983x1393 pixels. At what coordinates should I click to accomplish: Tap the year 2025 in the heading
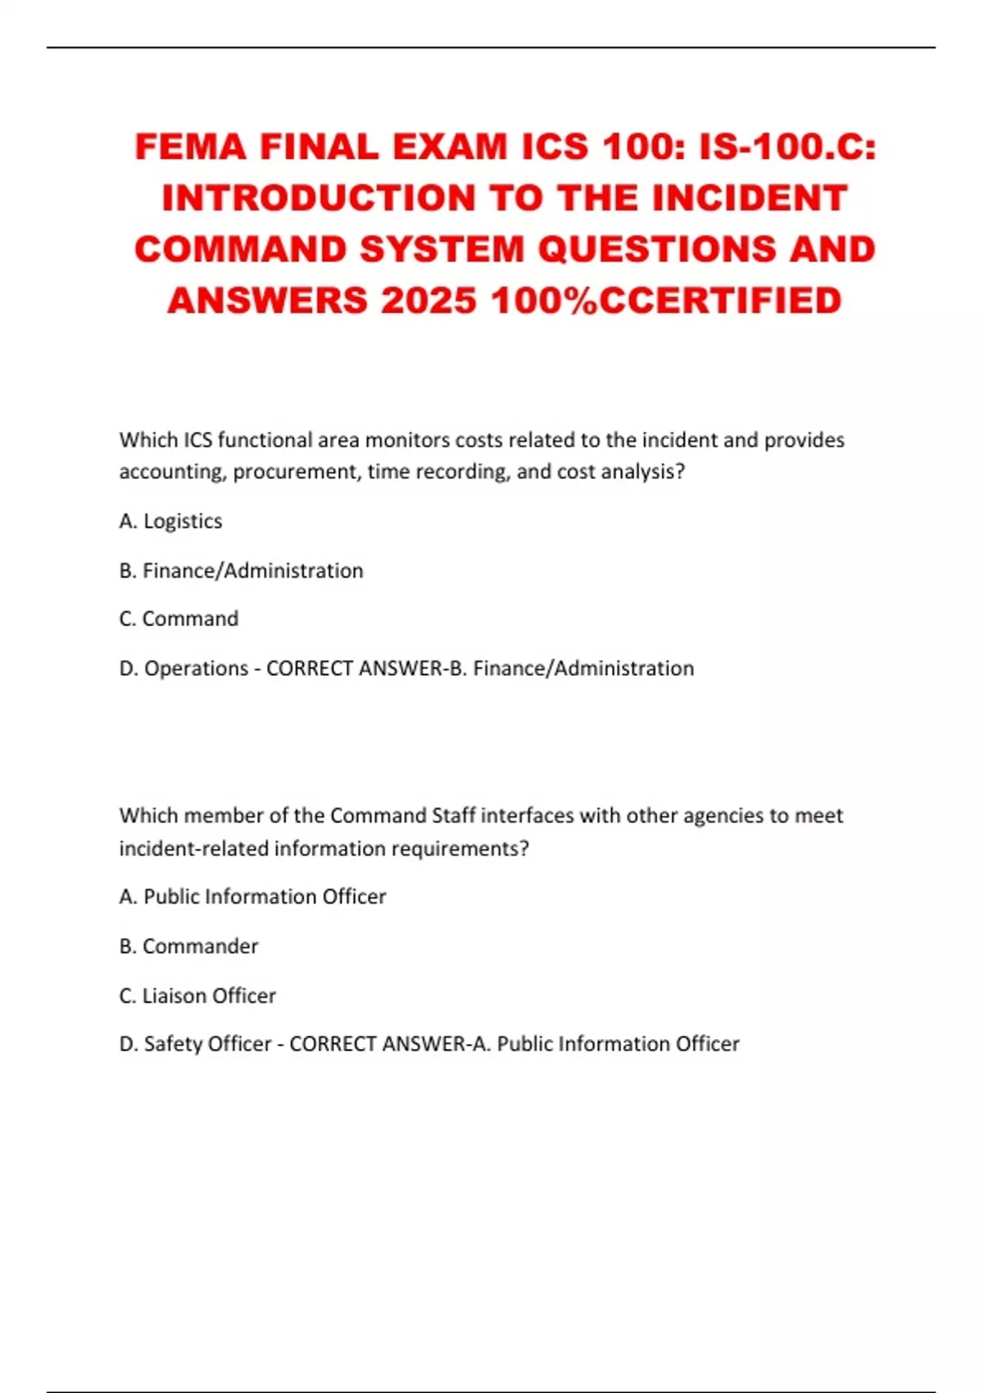[428, 301]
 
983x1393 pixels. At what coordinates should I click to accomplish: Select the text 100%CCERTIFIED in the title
[666, 301]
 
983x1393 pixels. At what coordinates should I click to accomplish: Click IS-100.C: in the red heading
[787, 147]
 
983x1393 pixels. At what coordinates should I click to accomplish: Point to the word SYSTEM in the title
[442, 250]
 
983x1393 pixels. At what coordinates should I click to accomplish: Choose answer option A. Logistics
[170, 521]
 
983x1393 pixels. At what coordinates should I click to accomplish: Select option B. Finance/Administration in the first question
[241, 570]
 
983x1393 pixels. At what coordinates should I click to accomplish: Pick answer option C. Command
[179, 619]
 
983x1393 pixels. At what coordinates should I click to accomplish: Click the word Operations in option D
[196, 669]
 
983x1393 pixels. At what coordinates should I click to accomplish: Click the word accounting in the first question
[171, 472]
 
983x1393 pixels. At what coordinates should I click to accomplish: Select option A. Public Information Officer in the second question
[252, 896]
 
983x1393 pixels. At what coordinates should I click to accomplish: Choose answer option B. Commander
[188, 946]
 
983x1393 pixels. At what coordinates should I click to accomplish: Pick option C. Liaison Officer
[197, 996]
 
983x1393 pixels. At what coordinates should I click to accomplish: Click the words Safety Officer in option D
[207, 1044]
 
